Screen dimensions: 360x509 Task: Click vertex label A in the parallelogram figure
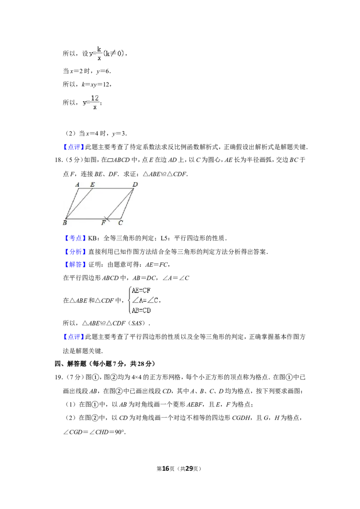click(x=77, y=185)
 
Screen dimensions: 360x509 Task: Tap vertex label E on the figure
click(x=92, y=184)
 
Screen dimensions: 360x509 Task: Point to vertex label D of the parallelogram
click(x=135, y=184)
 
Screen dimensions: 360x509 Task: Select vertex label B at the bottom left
click(x=65, y=223)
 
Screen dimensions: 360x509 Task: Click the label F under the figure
click(x=103, y=223)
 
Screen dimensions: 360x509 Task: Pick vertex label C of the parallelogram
click(x=121, y=223)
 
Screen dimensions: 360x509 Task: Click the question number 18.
click(x=58, y=160)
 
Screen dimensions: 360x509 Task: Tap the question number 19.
click(x=58, y=377)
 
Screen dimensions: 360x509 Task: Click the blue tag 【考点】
click(x=74, y=238)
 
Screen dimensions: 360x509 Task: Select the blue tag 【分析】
click(x=74, y=252)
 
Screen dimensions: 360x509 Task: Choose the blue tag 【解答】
click(x=74, y=264)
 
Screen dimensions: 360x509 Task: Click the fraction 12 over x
click(x=95, y=102)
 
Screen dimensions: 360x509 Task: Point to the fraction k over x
click(x=99, y=54)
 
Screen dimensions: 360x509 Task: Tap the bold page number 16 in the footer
click(x=166, y=469)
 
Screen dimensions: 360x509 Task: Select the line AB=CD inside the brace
click(x=141, y=310)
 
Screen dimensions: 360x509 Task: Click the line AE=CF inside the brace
click(x=141, y=290)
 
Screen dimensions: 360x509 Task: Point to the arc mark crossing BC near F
click(x=107, y=219)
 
